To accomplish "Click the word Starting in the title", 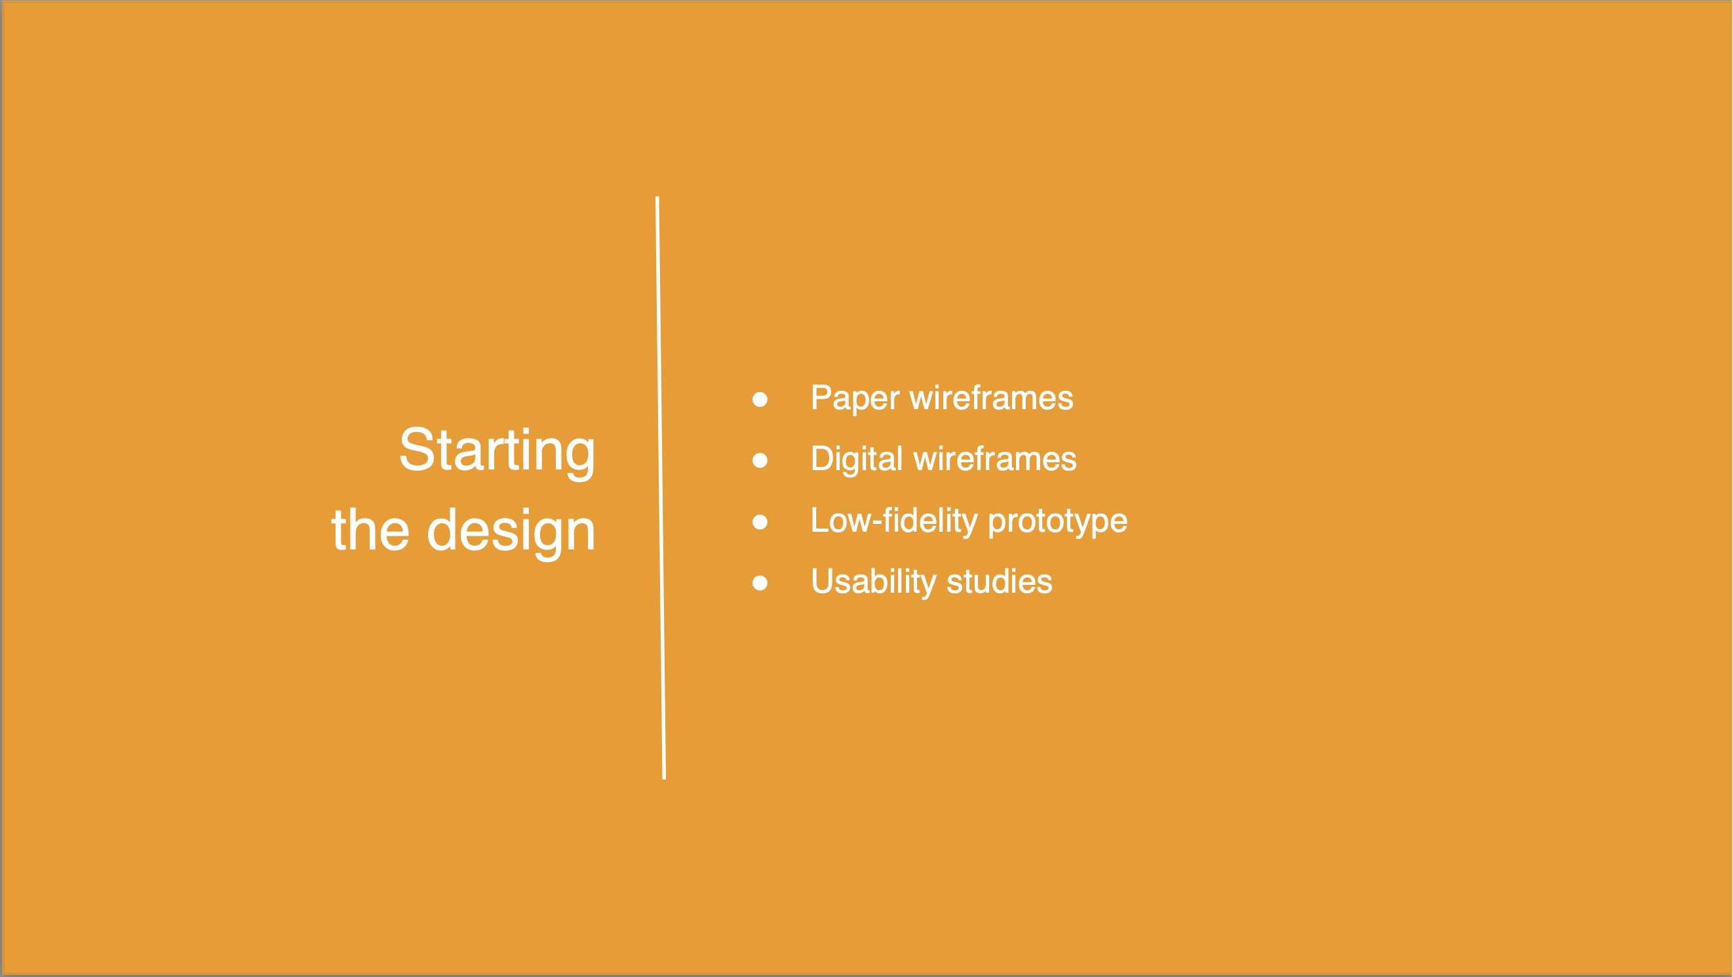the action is [497, 453].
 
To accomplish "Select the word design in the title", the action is [511, 533].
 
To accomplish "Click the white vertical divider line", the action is [661, 488].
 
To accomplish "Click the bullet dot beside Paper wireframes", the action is [760, 400].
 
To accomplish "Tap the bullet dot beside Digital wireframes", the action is [760, 460].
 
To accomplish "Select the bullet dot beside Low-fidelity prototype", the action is [760, 521].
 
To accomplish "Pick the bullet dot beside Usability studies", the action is [760, 583].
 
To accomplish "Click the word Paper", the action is [855, 399].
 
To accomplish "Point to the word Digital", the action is [857, 460].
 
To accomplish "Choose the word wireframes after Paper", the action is [992, 397].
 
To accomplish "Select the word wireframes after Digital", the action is [995, 459].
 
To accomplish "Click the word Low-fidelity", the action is [895, 521].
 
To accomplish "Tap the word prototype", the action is [1057, 523].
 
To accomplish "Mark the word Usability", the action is [874, 583].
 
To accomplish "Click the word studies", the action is [1000, 582].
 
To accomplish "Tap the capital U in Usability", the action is [823, 582].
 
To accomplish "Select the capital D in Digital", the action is [823, 459].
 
